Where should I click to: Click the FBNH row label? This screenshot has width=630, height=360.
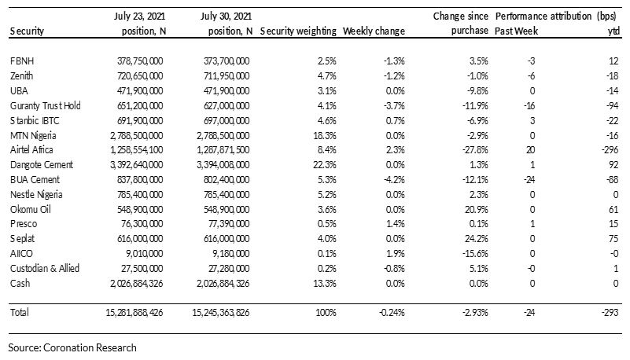pos(22,61)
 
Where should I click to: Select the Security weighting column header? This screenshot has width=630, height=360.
pos(298,31)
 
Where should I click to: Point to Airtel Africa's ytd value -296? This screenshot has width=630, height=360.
pos(610,150)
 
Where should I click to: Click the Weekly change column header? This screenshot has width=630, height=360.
pos(374,31)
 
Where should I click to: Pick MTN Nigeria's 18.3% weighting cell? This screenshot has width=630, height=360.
pos(325,136)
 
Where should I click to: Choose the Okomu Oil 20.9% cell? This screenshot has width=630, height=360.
pos(477,210)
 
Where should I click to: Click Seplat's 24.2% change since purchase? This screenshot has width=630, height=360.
pos(477,239)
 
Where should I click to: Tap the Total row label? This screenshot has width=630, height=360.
pos(20,312)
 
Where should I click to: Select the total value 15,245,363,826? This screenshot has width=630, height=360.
pos(220,312)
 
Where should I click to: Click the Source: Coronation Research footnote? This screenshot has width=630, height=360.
pos(72,347)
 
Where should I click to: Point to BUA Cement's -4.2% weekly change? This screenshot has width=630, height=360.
pos(394,180)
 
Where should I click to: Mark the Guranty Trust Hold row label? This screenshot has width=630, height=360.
pos(46,106)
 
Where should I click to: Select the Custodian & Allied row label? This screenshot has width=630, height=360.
pos(45,269)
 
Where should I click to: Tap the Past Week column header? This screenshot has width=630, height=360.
pos(516,31)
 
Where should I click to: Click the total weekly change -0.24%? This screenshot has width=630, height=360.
pos(392,312)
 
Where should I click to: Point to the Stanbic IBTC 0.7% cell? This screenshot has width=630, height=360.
pos(396,121)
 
